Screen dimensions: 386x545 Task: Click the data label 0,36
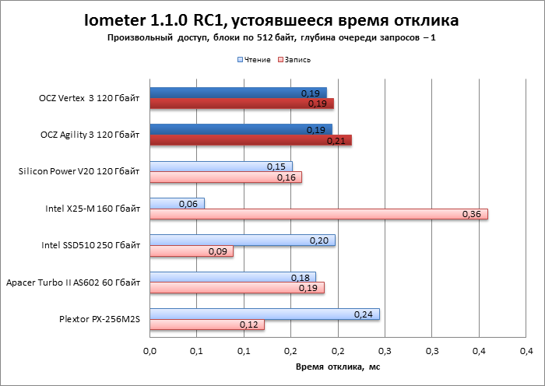coord(471,214)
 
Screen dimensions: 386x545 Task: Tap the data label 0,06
coord(188,203)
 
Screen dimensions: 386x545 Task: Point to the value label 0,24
coord(363,314)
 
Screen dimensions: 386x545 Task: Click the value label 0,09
coord(216,251)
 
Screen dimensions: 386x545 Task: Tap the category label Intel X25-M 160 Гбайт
coord(93,209)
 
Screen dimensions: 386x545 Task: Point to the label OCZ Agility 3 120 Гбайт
coord(90,135)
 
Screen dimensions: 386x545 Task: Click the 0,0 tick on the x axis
coord(150,349)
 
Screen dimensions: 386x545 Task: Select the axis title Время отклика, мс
coord(336,366)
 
